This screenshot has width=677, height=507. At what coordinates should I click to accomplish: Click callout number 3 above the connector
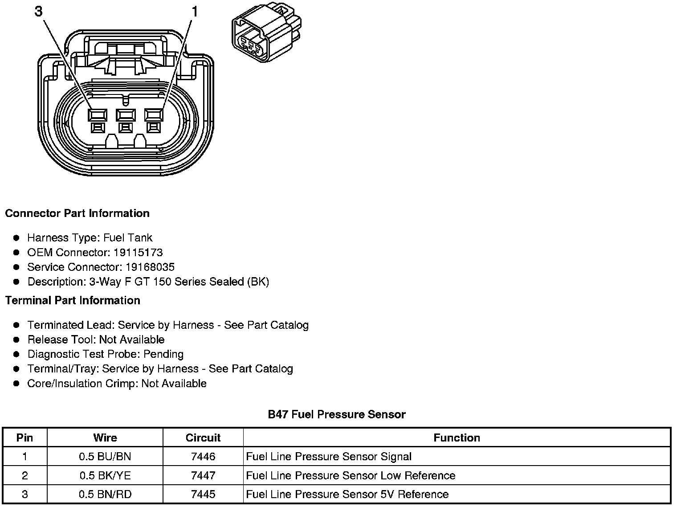(39, 12)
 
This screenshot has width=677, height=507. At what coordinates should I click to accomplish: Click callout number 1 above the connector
(194, 12)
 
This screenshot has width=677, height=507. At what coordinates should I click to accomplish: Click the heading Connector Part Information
(77, 213)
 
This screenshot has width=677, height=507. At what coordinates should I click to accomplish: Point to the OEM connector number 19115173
(138, 253)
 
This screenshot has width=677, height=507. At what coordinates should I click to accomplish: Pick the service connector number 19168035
(150, 267)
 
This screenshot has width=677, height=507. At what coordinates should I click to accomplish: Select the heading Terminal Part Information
(73, 301)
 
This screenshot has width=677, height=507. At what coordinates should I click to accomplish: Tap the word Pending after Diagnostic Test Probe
(163, 354)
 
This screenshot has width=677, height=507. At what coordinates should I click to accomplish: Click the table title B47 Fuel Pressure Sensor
(336, 415)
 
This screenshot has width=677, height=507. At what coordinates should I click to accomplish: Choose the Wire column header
(105, 438)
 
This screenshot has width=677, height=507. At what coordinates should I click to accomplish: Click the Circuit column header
(203, 438)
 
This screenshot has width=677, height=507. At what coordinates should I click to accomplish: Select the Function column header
(457, 438)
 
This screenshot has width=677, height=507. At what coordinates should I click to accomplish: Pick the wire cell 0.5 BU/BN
(105, 457)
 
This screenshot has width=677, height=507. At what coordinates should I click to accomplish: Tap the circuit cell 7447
(203, 475)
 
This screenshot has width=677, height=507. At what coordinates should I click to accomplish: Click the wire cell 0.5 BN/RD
(105, 495)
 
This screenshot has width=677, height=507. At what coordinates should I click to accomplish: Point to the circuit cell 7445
(203, 495)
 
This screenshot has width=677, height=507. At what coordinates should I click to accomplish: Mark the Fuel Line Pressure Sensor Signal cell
(329, 457)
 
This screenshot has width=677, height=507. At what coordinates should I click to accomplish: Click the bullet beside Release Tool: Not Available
(17, 340)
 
